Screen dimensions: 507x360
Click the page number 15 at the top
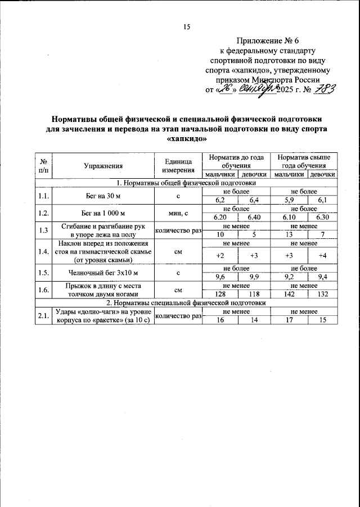point(188,26)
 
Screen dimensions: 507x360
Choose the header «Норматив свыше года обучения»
point(304,162)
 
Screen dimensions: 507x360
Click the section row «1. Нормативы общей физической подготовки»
point(186,183)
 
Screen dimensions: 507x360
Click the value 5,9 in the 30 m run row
point(287,200)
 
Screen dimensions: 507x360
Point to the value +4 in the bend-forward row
point(322,255)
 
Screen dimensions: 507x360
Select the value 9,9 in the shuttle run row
point(253,277)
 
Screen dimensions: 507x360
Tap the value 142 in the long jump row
point(287,294)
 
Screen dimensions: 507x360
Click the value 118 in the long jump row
point(253,294)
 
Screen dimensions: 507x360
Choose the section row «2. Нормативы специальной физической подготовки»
point(186,302)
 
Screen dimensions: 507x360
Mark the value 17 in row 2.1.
point(287,319)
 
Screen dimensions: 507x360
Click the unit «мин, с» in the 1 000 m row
point(178,213)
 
